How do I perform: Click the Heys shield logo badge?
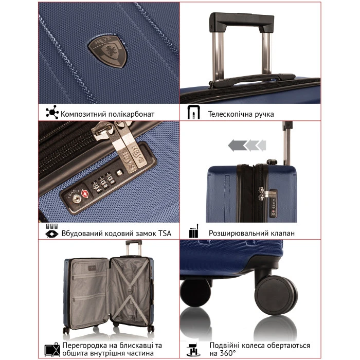click(108, 51)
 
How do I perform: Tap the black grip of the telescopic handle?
click(242, 21)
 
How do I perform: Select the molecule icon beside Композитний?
click(52, 112)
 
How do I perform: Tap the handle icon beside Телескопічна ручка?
click(193, 112)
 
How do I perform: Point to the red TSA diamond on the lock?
click(85, 193)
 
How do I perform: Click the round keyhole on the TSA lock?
click(76, 199)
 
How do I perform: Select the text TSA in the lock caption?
click(165, 233)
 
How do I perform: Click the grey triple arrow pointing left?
click(247, 145)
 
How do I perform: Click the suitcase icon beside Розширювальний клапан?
click(194, 231)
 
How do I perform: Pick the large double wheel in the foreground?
click(276, 294)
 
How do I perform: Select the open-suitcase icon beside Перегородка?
click(52, 350)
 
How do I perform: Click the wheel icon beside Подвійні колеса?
click(193, 350)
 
